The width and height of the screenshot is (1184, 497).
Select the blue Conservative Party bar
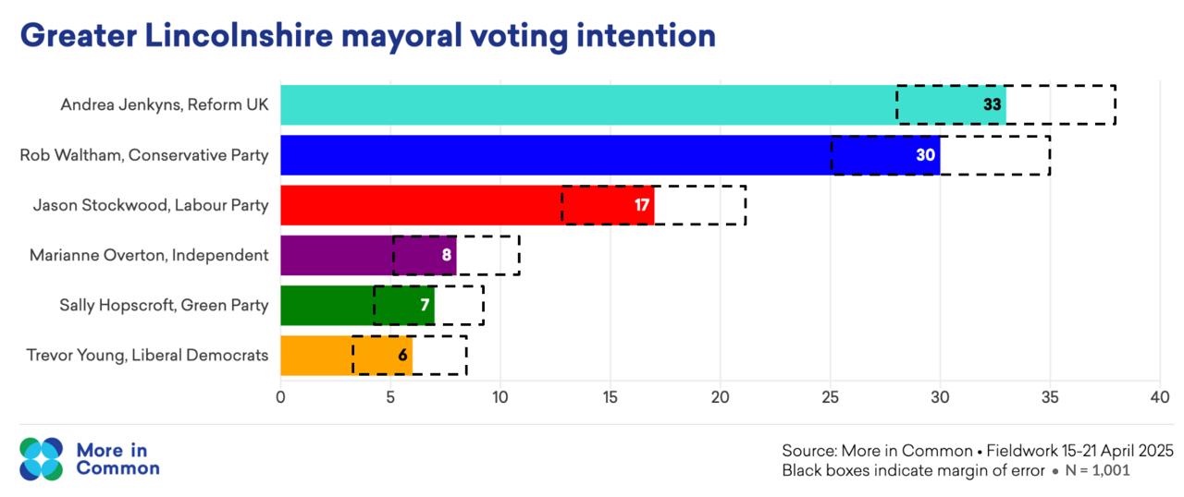coord(555,155)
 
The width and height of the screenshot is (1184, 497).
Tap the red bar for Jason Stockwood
coord(421,205)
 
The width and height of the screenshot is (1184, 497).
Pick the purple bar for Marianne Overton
coord(338,255)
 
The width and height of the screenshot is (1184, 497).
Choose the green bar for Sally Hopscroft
coord(328,305)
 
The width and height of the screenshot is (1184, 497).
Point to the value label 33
coord(993,105)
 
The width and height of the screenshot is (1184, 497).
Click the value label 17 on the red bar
coord(642,205)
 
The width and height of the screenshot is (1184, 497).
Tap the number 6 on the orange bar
coord(402,355)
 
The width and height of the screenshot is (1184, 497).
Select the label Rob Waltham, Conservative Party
coord(144,155)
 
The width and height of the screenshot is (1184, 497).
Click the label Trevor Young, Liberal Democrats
coord(147,355)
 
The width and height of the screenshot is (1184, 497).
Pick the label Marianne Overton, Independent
coord(149,255)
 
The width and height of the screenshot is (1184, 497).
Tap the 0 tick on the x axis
coord(280,398)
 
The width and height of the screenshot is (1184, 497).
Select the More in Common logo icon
coord(42,458)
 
